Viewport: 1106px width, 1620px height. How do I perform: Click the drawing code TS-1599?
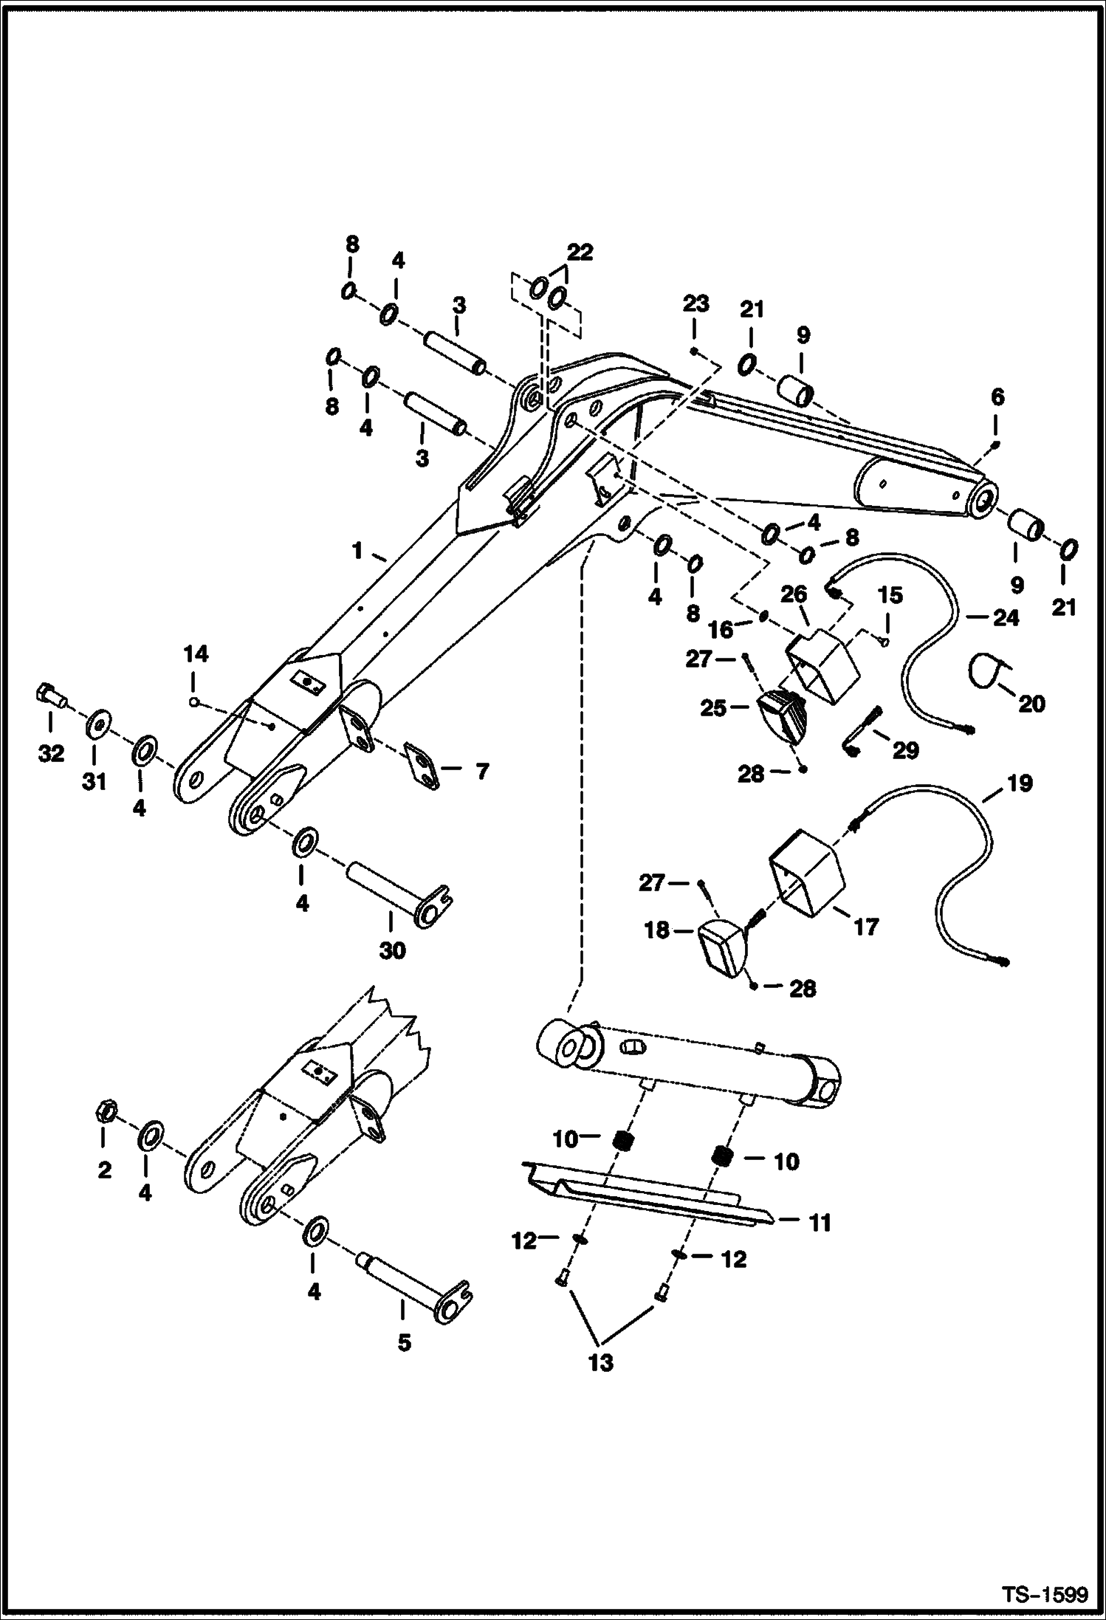point(1044,1594)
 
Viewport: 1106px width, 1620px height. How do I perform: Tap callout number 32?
point(51,754)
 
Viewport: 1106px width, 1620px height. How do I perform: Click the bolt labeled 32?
point(48,696)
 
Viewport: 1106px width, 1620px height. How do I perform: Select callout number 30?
point(393,951)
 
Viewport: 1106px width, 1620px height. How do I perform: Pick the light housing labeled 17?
point(806,873)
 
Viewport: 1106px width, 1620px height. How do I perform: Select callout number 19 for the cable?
point(1019,783)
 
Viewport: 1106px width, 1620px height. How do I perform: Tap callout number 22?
point(580,253)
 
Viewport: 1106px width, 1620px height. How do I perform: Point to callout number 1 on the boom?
point(357,551)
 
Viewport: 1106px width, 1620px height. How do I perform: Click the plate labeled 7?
point(423,766)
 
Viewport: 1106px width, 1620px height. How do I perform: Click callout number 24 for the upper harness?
point(1006,617)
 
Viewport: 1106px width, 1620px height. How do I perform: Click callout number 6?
point(997,397)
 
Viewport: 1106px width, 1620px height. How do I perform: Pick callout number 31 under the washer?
point(95,781)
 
